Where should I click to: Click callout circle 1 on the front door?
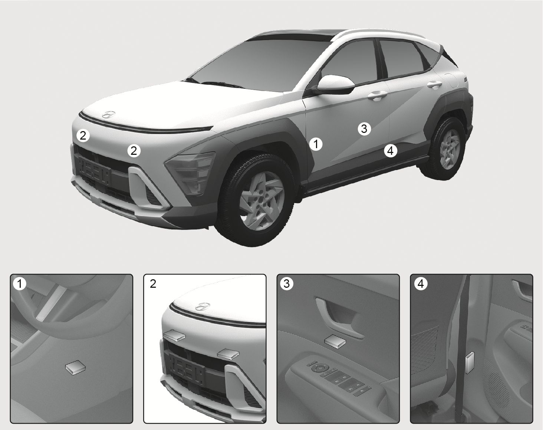[x=316, y=144]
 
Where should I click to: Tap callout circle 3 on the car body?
[x=364, y=129]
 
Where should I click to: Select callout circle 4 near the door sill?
[x=390, y=151]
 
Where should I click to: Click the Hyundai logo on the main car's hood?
[x=109, y=114]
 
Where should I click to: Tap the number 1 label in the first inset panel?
[x=19, y=284]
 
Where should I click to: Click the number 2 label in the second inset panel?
[x=153, y=284]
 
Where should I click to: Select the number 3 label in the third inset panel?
[x=287, y=284]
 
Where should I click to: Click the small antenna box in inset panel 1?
[x=75, y=368]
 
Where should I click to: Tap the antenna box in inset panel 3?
[x=335, y=340]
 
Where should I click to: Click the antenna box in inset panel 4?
[x=469, y=363]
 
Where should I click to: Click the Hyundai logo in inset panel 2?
[x=203, y=306]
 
